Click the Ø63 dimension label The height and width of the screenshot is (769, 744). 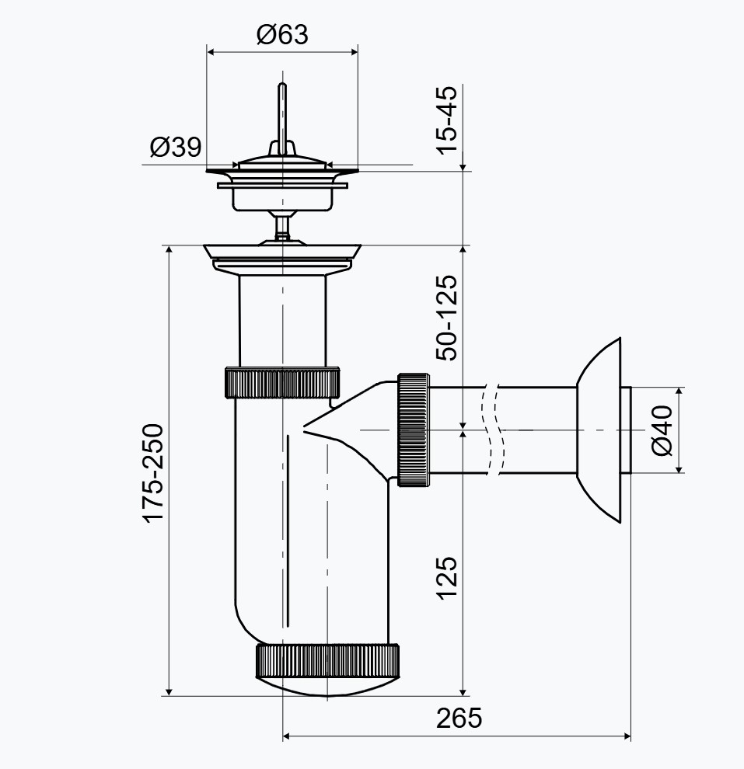click(282, 35)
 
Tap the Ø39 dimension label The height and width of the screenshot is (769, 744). click(176, 147)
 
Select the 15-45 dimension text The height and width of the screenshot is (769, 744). click(447, 120)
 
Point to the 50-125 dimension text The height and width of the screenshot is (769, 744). click(447, 318)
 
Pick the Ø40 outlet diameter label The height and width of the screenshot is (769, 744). click(662, 430)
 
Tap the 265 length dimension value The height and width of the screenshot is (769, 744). click(459, 718)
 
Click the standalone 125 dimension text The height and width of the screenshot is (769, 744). click(447, 578)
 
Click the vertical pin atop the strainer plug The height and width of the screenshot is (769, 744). click(282, 119)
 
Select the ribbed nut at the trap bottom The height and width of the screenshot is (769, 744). click(327, 661)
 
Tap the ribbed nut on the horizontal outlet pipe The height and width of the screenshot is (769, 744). click(414, 430)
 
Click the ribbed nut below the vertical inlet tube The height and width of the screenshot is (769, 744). click(282, 382)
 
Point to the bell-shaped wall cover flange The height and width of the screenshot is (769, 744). click(599, 430)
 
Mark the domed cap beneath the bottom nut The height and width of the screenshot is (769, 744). click(327, 686)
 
